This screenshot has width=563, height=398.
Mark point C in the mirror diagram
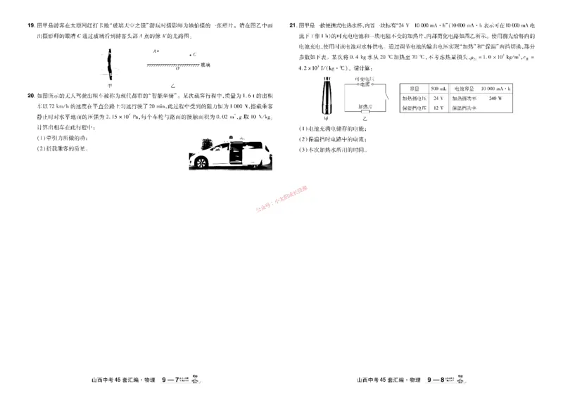[x=189, y=53]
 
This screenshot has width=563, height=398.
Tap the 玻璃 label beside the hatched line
[x=205, y=65]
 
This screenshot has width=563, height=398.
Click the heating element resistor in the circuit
[x=365, y=113]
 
